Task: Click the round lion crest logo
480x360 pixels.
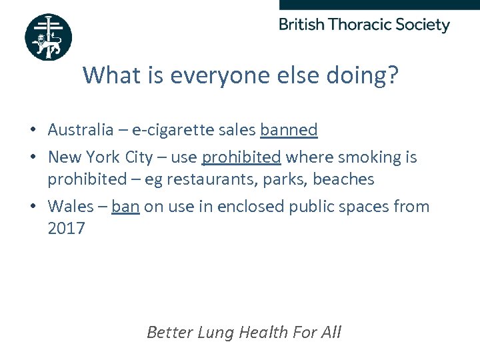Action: (48, 37)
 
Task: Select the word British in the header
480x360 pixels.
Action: (302, 25)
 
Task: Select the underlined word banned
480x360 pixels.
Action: (289, 130)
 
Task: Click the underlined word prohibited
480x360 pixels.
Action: (241, 157)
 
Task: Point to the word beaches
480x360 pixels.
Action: (343, 179)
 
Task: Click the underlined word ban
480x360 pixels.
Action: (125, 207)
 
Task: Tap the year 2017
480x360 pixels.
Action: (66, 229)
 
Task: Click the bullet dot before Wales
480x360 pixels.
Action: (33, 207)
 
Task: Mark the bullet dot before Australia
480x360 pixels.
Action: (33, 130)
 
